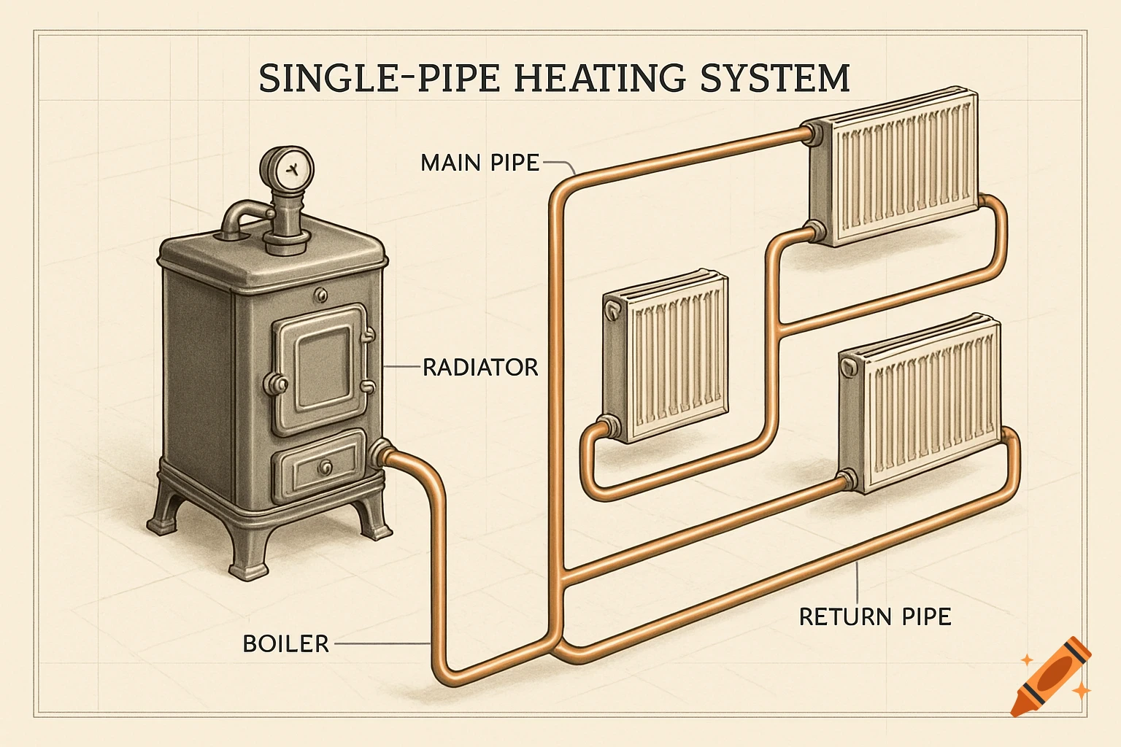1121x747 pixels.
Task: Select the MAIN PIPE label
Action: (x=479, y=162)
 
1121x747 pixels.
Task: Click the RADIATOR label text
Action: (x=480, y=367)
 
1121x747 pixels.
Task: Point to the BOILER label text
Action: (x=285, y=643)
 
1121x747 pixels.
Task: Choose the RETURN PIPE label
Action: (x=874, y=616)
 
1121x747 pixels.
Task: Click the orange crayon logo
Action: (x=1052, y=676)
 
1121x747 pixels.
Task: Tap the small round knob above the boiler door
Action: (x=320, y=294)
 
